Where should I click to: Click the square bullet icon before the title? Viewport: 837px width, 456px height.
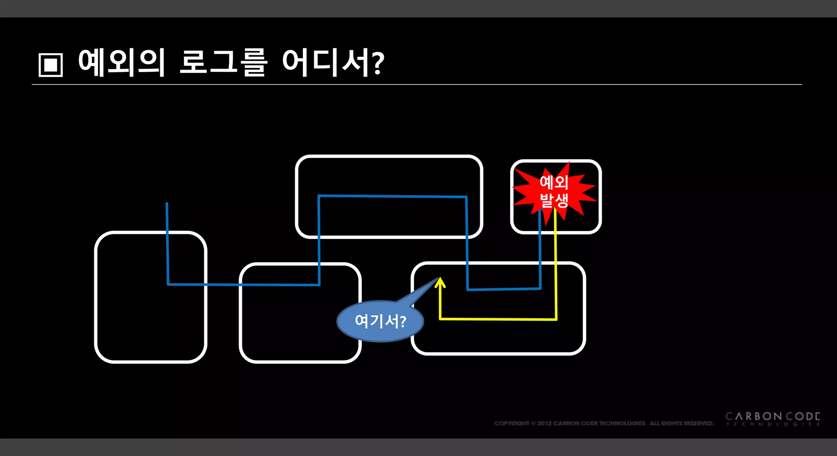(x=51, y=65)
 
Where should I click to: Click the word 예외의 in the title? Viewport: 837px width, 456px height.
(x=122, y=63)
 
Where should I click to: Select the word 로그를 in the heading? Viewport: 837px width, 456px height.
(x=224, y=63)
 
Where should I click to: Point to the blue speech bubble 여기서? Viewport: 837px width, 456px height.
(x=380, y=321)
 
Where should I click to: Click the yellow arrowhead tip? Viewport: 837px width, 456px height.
(x=440, y=279)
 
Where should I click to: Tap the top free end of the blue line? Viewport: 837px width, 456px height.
(x=167, y=203)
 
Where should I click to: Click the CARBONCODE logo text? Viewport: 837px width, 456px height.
(x=772, y=417)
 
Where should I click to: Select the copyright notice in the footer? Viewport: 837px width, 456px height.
(x=603, y=423)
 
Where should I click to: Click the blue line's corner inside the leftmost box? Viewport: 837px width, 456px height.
(x=168, y=284)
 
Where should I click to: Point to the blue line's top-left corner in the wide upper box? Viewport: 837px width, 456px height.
(x=319, y=196)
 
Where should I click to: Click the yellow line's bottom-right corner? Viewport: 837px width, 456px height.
(x=556, y=319)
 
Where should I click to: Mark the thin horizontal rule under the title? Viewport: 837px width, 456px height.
(x=417, y=85)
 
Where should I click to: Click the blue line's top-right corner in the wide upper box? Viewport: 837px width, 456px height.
(x=466, y=197)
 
